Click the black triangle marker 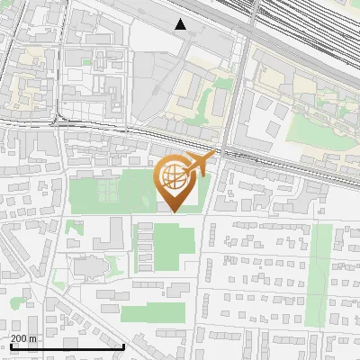(x=181, y=24)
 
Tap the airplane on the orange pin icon (x=198, y=164)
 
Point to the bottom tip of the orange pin (x=174, y=211)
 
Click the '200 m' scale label (x=24, y=338)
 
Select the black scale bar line (x=67, y=346)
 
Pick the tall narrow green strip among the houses (x=319, y=274)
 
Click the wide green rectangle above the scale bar (x=153, y=314)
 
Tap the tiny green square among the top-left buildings (x=86, y=62)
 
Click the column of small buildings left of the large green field (x=144, y=247)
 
